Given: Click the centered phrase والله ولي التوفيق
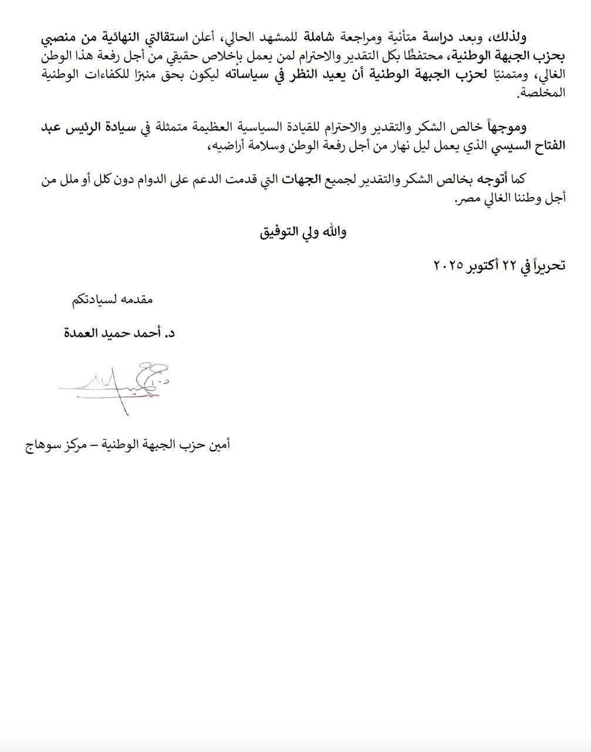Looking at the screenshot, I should click(303, 231).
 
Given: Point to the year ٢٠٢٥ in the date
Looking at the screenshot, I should click(449, 266).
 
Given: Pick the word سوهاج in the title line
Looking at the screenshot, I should click(42, 445).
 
